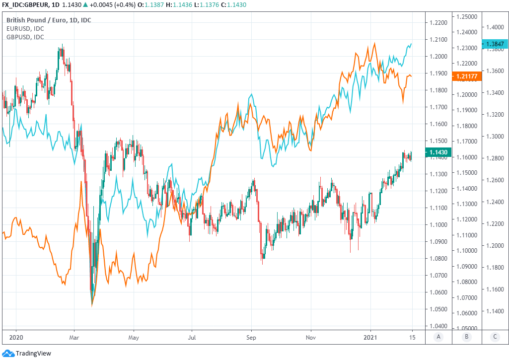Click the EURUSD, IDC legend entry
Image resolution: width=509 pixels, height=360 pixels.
point(25,29)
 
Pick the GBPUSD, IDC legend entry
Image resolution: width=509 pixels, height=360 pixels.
point(25,37)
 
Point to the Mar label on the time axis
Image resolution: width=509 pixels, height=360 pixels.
point(73,336)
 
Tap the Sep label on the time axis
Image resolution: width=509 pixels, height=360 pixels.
point(251,336)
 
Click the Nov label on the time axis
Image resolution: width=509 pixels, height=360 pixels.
point(311,336)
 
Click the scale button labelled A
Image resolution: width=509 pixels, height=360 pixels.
point(438,337)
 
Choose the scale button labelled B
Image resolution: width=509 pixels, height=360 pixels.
point(466,337)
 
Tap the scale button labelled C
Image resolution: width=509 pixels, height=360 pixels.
point(495,337)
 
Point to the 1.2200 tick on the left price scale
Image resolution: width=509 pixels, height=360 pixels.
point(438,23)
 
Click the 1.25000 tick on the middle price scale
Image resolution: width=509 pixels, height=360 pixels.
point(467,16)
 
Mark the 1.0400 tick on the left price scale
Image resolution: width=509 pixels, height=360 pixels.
point(438,326)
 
